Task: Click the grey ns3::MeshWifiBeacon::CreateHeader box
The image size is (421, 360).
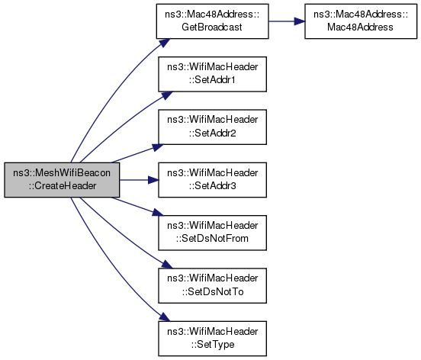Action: pos(62,180)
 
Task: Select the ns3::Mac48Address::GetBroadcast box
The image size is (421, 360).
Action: pos(212,21)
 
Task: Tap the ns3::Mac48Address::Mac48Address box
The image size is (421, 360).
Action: pos(361,21)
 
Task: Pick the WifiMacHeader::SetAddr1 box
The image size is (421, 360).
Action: pos(212,74)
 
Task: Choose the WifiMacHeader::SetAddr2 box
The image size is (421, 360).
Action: pos(212,127)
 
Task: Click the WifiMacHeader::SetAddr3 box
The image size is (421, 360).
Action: pos(212,180)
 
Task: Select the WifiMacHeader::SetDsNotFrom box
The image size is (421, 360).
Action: pos(212,233)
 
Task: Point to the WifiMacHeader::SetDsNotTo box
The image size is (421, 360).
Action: pos(212,286)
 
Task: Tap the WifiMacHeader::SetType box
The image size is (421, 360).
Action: pos(212,339)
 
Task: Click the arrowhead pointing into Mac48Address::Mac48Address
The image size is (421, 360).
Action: pos(300,21)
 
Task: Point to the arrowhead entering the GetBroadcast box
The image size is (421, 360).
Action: pos(164,43)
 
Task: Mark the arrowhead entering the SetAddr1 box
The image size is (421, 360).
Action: pos(166,95)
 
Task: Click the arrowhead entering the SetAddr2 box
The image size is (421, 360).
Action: pos(158,147)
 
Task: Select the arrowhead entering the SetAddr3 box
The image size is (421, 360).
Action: pos(153,180)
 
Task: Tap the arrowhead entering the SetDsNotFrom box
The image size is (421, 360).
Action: pos(158,213)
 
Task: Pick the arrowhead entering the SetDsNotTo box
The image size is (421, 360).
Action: pos(166,265)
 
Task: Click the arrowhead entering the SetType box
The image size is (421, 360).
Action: pos(164,317)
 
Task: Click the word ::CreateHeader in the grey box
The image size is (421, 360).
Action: pos(63,186)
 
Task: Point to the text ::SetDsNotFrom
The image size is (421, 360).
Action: pos(212,239)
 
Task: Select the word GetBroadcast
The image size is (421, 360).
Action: pos(212,27)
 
